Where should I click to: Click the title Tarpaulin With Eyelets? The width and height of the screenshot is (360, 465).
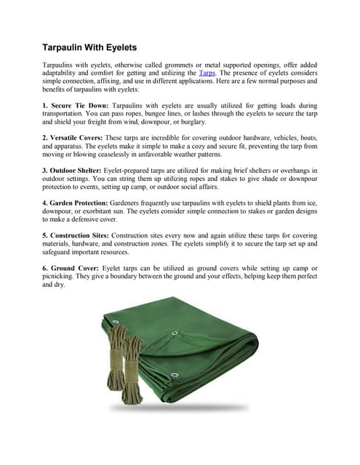click(90, 48)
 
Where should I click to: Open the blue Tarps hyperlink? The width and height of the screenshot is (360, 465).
click(207, 73)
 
